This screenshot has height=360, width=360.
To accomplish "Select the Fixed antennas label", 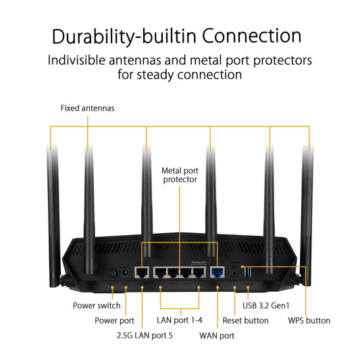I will click(87, 107).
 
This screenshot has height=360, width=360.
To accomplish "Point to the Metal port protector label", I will click(179, 175).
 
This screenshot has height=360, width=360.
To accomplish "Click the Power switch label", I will click(97, 305).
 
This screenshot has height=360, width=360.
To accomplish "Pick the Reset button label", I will click(245, 320).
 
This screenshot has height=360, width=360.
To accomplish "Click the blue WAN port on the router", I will click(218, 272).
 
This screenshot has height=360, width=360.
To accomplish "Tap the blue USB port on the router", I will click(248, 272).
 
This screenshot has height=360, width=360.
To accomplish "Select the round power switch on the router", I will click(112, 274).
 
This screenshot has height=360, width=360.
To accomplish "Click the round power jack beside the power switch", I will click(125, 274).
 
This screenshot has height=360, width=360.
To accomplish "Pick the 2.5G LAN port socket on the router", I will click(143, 273).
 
